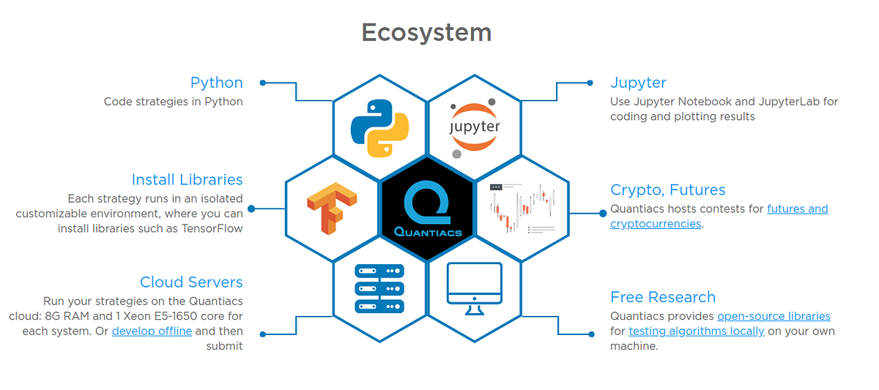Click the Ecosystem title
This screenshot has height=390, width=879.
(426, 33)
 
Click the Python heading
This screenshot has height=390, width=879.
(216, 83)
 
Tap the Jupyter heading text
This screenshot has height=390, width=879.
(638, 83)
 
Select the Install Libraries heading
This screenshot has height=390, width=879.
(187, 180)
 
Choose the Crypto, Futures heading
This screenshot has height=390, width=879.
(667, 190)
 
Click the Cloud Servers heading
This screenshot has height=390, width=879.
(191, 282)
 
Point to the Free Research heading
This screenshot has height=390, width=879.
(662, 297)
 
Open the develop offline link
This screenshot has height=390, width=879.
(152, 331)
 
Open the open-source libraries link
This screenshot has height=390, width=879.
(774, 317)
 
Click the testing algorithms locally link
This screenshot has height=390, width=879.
(696, 331)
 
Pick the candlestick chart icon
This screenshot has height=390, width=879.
(522, 209)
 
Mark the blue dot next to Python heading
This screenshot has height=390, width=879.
(262, 83)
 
